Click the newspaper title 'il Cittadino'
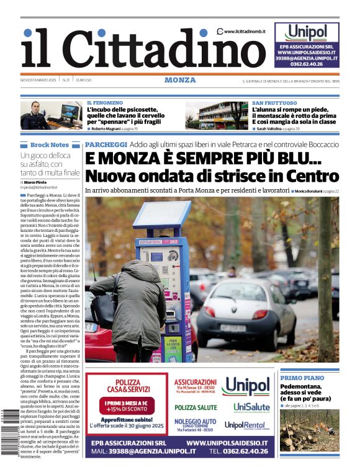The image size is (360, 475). (134, 48)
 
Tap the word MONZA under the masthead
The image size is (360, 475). (180, 80)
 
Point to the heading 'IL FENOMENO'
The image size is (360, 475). (105, 102)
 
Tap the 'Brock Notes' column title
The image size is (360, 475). (50, 144)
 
